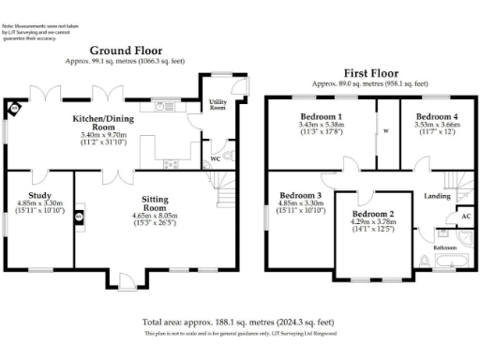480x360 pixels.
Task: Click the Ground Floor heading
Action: coord(126,51)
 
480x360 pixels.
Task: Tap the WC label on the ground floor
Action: coord(216,158)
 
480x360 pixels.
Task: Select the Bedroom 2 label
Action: coord(371,214)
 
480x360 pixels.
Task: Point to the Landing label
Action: coord(436,196)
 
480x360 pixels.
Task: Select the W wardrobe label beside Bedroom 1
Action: coord(386,131)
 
